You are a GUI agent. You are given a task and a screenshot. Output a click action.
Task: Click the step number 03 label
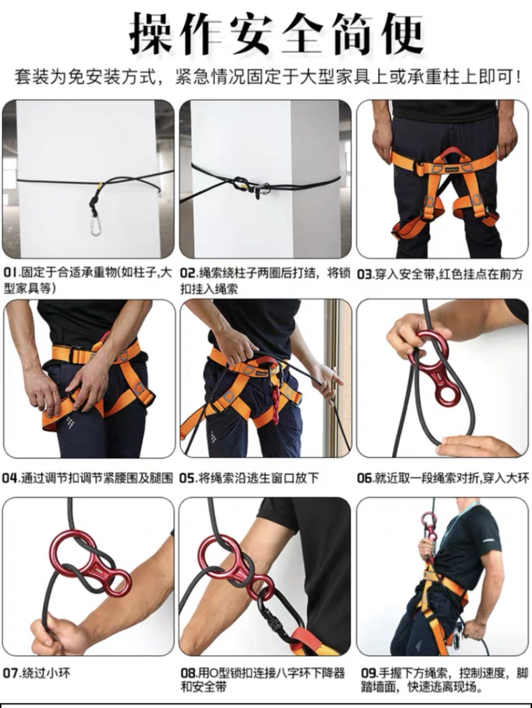pyautogui.click(x=365, y=274)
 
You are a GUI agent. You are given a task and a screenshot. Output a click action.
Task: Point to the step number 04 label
pyautogui.click(x=11, y=478)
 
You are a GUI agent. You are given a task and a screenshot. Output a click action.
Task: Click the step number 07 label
pyautogui.click(x=11, y=672)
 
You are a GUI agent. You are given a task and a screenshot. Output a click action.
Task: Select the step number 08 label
pyautogui.click(x=188, y=672)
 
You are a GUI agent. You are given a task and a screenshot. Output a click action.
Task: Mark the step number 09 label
pyautogui.click(x=366, y=672)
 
